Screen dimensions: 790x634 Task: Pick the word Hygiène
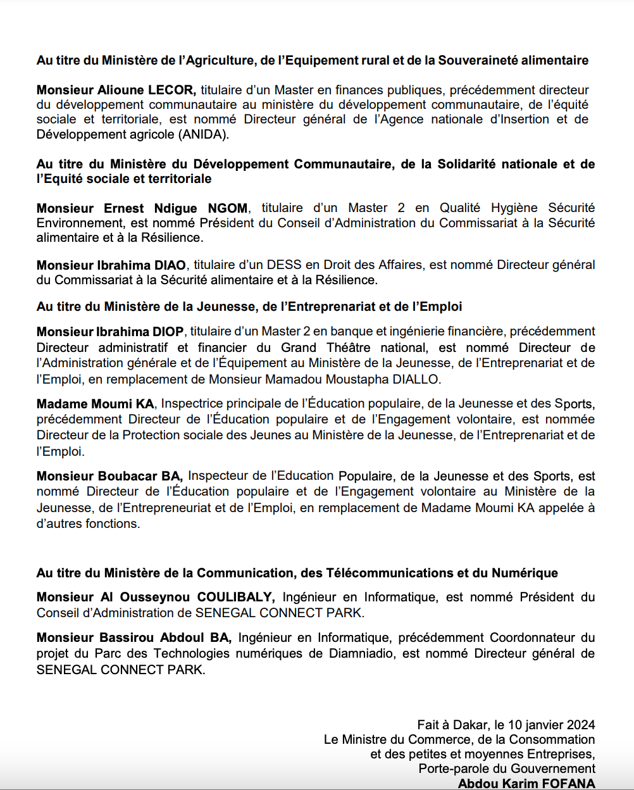coord(508,208)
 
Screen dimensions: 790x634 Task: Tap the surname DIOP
coord(168,331)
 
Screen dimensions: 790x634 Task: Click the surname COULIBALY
coord(235,596)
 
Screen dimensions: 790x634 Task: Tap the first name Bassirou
coord(127,637)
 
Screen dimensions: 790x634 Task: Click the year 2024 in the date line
coord(581,725)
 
